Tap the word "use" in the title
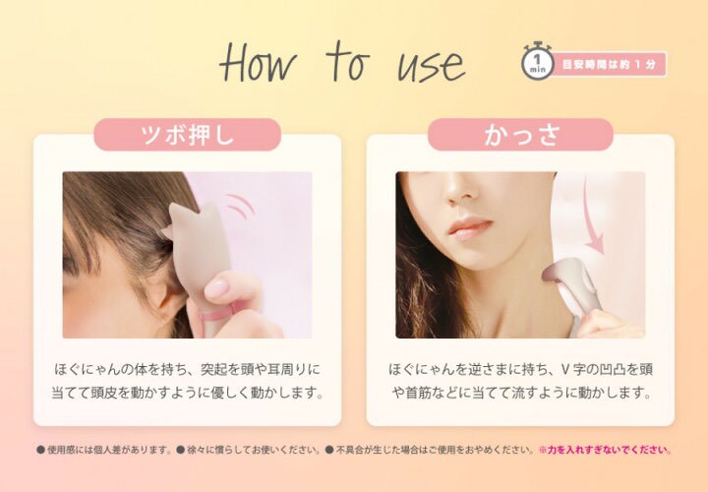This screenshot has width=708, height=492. (429, 65)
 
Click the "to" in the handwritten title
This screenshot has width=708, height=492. (346, 62)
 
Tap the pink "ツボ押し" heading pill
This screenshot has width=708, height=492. (187, 135)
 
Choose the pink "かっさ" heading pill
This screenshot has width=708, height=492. (520, 135)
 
